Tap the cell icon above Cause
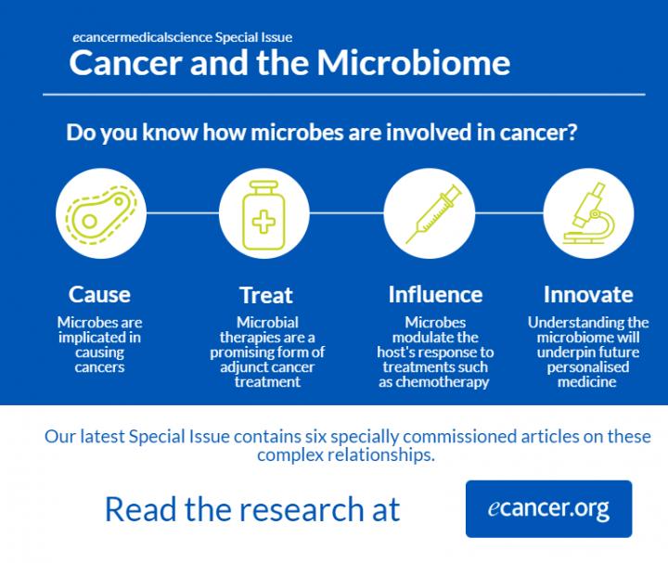99,214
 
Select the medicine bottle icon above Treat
265,214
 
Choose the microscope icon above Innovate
588,214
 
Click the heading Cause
99,296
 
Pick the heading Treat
265,296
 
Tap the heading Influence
435,296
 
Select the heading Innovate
588,296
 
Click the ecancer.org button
548,508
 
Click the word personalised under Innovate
588,367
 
